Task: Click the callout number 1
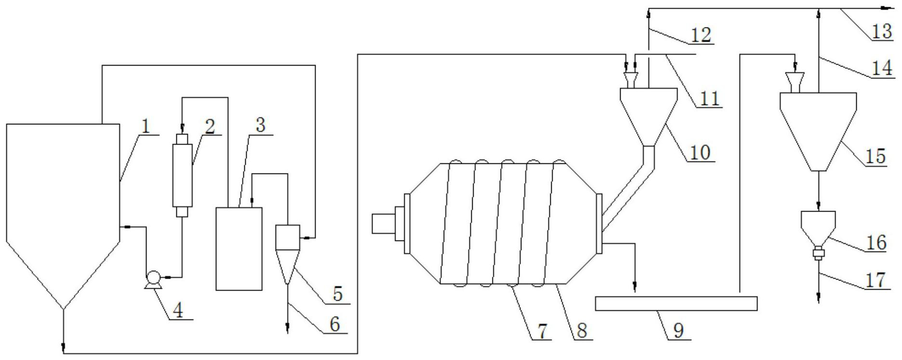click(x=146, y=126)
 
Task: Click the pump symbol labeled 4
click(x=154, y=278)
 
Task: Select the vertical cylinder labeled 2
click(x=183, y=175)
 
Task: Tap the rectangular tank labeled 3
click(x=239, y=249)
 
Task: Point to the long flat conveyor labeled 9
click(x=676, y=304)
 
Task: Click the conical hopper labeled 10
click(x=649, y=117)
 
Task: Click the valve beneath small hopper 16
click(x=818, y=253)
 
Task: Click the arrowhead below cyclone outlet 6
click(x=288, y=330)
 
